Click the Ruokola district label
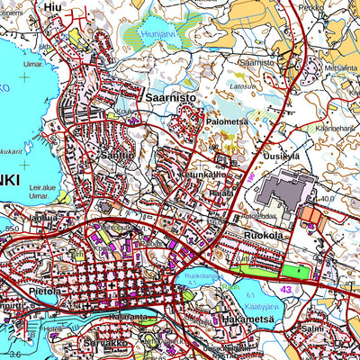pos(264,234)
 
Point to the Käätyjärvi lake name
pos(265,307)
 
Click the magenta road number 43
pos(286,288)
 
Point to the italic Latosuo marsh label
pos(240,86)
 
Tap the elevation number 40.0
pos(327,198)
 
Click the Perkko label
pos(311,6)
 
